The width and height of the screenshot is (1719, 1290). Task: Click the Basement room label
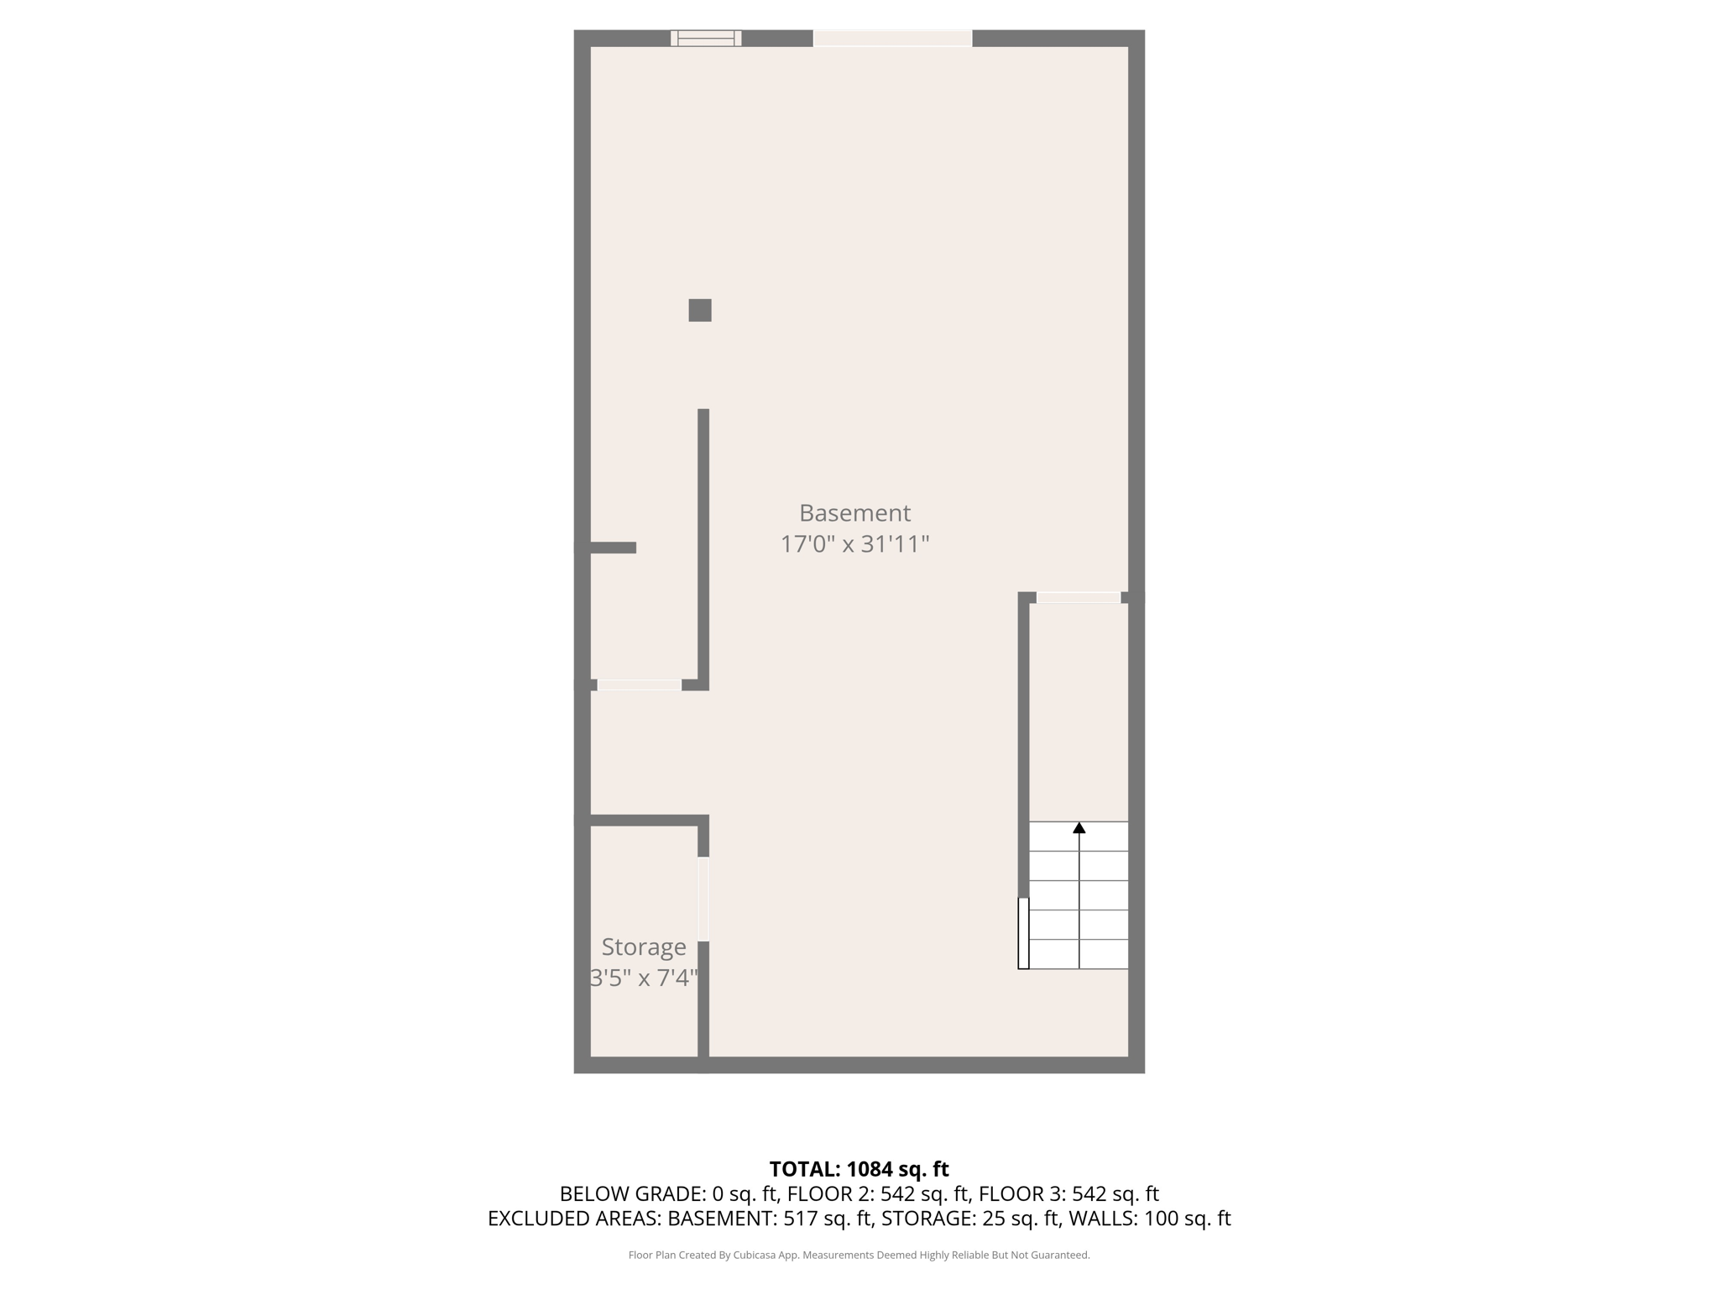point(854,512)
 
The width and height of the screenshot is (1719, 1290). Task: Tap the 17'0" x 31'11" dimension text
point(854,544)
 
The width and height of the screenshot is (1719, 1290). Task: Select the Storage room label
point(644,947)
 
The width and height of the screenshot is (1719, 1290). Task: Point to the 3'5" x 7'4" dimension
point(644,978)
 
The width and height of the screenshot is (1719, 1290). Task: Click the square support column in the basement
point(700,310)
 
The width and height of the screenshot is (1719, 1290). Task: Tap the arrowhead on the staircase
point(1079,828)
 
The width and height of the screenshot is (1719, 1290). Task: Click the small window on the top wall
point(706,38)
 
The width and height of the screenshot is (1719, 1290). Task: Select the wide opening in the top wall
point(892,38)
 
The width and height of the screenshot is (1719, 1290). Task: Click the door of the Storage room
point(703,899)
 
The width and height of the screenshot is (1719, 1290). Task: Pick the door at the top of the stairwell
point(1079,597)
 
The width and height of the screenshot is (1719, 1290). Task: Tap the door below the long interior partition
point(639,685)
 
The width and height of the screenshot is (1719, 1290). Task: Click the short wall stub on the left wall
point(613,548)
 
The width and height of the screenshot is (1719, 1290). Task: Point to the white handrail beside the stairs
point(1023,933)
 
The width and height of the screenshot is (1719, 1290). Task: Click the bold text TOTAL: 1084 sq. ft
point(859,1168)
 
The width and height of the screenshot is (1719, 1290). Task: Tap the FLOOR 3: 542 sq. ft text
point(1068,1193)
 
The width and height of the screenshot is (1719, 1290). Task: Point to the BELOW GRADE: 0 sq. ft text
point(666,1193)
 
